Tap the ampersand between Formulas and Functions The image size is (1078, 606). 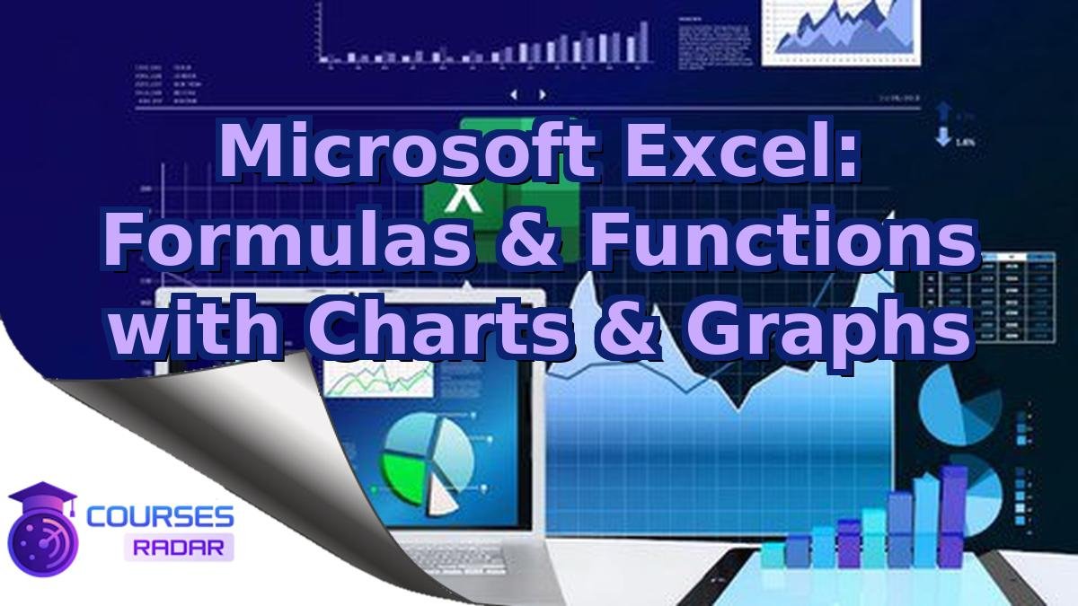530,240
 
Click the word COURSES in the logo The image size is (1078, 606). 160,517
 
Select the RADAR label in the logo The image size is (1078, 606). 179,547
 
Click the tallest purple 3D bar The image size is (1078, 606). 951,516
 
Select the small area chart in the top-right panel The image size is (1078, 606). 841,31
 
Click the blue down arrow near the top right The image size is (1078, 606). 943,138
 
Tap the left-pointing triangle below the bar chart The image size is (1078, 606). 514,93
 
